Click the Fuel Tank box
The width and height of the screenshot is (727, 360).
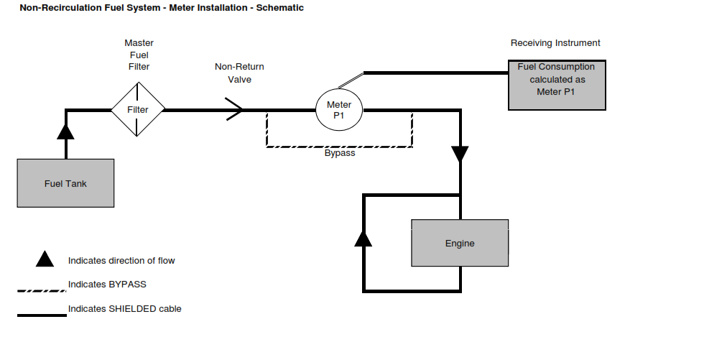(65, 183)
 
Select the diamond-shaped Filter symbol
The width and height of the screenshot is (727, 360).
(138, 110)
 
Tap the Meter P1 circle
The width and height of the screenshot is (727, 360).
(339, 110)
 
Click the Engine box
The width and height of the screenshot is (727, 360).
(460, 243)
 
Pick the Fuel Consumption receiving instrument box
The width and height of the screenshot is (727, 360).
(557, 86)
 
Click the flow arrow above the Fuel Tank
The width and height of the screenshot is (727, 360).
(65, 131)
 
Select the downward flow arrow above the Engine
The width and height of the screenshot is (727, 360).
(460, 154)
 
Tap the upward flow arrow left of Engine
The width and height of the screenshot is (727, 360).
(364, 238)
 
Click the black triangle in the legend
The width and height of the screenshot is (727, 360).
(45, 259)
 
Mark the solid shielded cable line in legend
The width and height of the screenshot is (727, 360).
(42, 315)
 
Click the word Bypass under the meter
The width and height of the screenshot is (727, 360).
(340, 153)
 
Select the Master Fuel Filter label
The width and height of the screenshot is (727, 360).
(139, 55)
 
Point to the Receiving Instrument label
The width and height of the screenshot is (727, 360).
(555, 43)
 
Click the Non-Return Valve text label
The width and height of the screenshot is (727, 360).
(239, 73)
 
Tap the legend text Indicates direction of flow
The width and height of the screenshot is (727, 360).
(121, 260)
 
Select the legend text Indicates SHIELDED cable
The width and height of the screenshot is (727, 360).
(124, 309)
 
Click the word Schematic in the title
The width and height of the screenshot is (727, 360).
(276, 8)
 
